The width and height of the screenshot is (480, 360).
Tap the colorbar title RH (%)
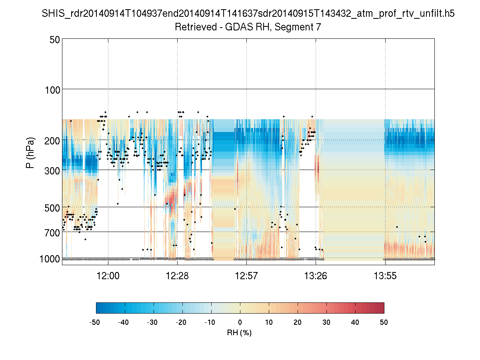(240, 332)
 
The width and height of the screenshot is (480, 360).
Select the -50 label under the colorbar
(95, 322)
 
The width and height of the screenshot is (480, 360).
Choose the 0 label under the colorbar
(240, 322)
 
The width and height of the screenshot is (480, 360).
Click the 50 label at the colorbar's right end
(384, 322)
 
